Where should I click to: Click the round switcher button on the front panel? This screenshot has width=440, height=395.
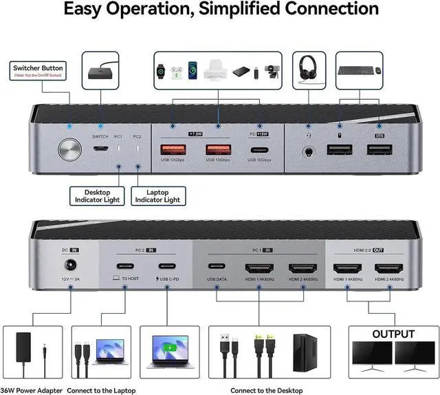70,150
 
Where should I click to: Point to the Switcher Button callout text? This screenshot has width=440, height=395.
38,69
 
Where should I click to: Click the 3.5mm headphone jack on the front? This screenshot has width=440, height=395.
307,150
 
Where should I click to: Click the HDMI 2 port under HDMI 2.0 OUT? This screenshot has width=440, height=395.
388,268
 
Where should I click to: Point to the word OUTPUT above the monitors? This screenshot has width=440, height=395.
393,334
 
